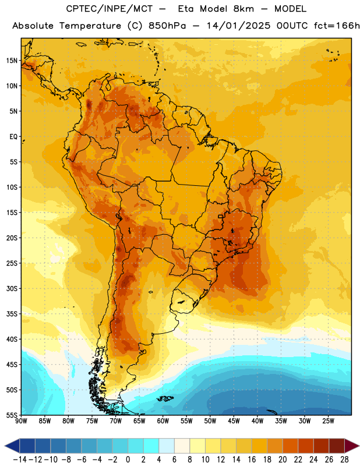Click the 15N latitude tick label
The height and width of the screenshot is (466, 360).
(x=12, y=61)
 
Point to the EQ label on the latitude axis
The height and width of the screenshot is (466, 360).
(x=13, y=137)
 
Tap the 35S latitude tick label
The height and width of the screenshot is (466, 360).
(x=12, y=314)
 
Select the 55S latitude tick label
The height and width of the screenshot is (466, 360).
(x=12, y=415)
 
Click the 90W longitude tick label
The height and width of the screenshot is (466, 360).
(x=21, y=421)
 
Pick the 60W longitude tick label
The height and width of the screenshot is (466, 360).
(x=163, y=421)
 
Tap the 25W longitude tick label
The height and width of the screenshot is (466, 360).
(x=328, y=421)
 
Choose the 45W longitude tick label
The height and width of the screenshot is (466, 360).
(x=234, y=421)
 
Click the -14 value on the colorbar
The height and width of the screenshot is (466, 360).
(x=20, y=460)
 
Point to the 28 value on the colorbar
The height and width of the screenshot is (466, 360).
(x=344, y=460)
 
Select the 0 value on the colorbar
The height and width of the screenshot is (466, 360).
(x=128, y=460)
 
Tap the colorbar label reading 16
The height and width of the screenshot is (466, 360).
(x=252, y=460)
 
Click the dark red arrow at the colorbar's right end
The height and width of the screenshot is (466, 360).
(x=352, y=446)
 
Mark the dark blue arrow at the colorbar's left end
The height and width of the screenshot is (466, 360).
(x=12, y=446)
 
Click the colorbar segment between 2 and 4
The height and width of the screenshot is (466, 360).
(x=151, y=446)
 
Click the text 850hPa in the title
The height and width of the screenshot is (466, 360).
(x=167, y=26)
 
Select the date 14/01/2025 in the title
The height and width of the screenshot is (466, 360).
(x=239, y=26)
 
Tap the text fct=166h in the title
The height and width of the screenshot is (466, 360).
(x=337, y=26)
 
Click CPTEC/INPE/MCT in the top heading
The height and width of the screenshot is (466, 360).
(x=110, y=9)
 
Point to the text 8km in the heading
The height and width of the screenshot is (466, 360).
(x=243, y=9)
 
